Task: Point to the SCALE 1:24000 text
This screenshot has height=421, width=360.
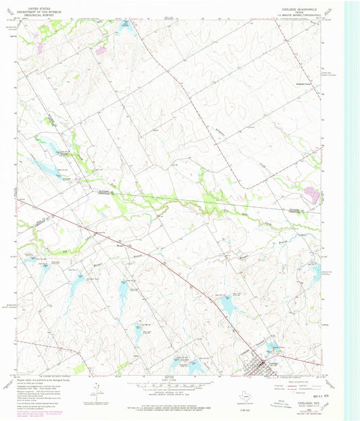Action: coord(180,383)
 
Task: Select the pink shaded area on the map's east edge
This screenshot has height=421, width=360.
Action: coord(311,194)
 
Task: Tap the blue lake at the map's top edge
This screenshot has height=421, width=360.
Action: coord(125,25)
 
